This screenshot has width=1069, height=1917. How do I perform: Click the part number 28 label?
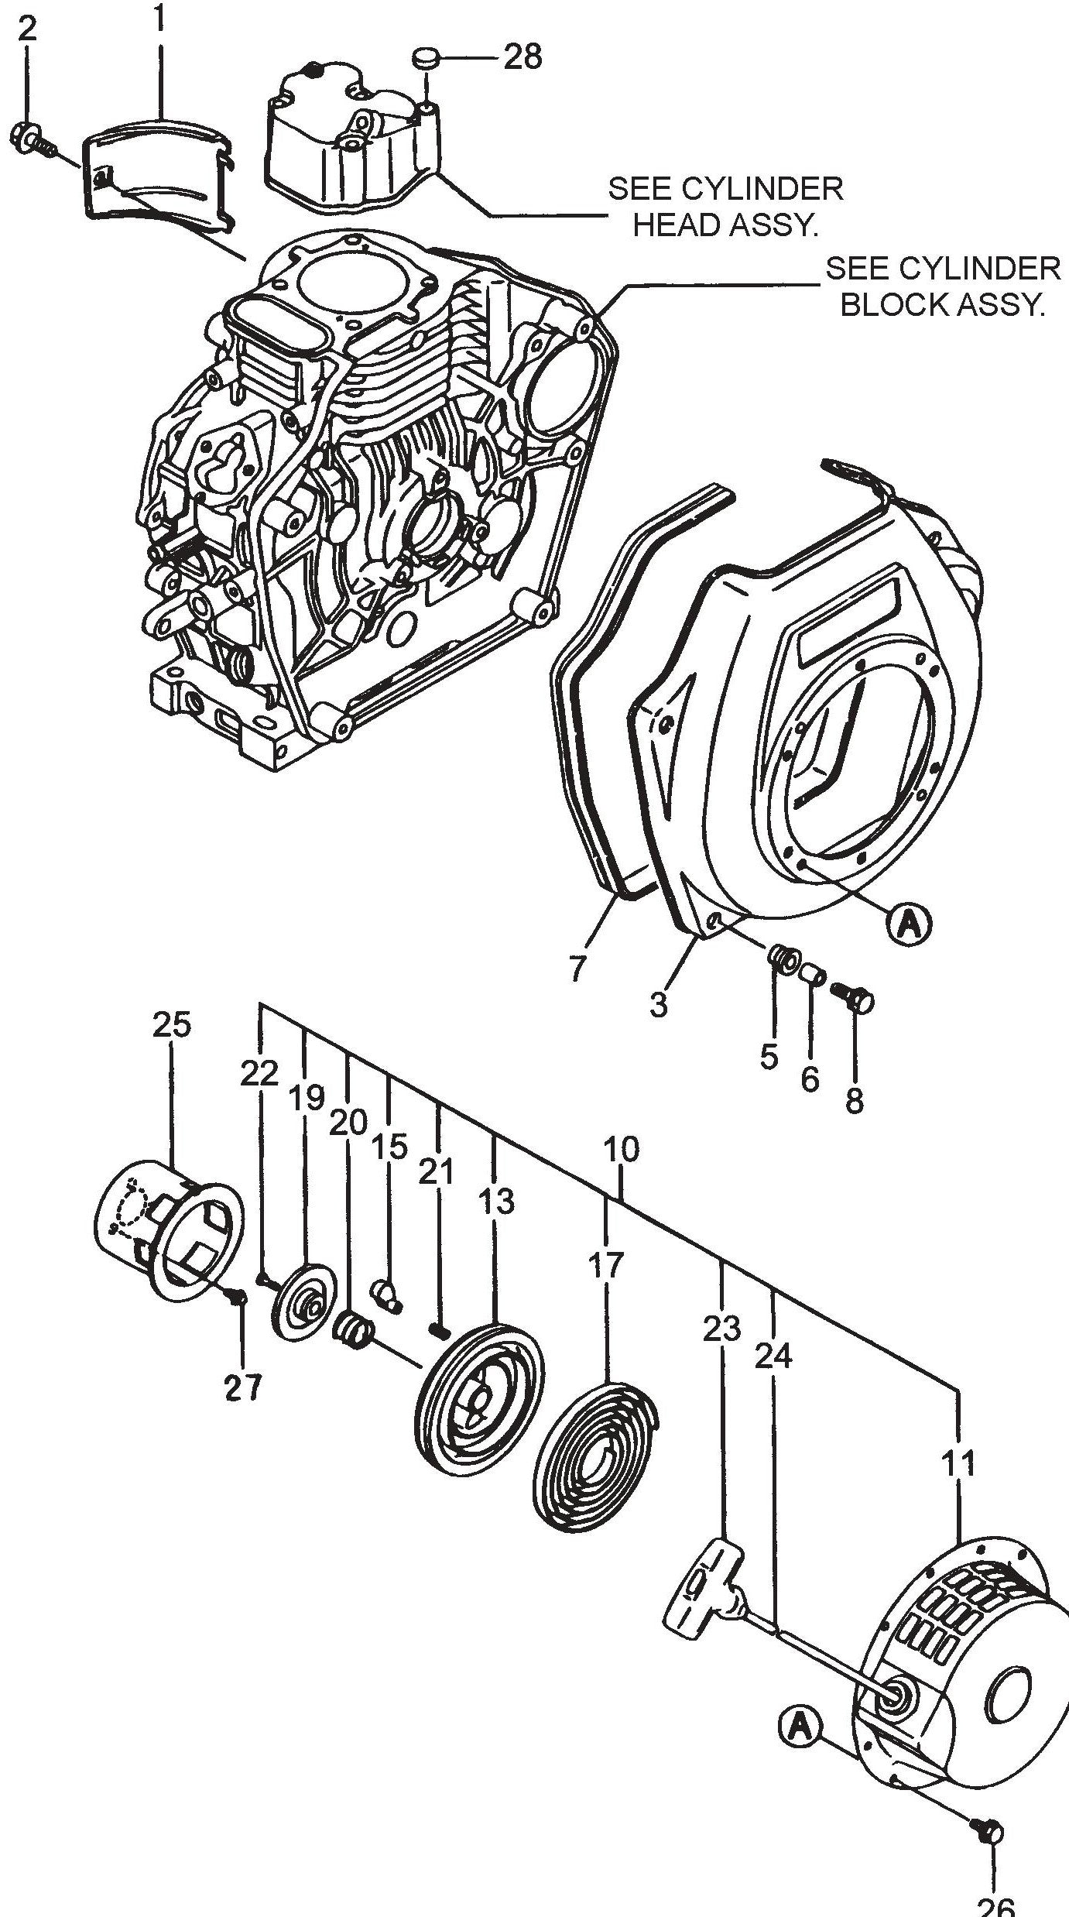(523, 57)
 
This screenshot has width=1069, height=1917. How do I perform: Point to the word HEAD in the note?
(677, 225)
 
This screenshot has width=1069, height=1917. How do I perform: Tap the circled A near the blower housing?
(911, 924)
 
